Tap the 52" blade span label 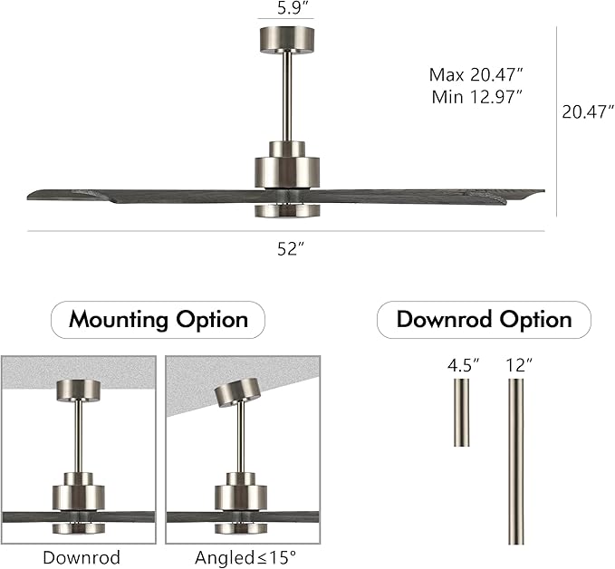[289, 249]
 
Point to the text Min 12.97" [477, 97]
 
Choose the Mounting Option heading [159, 320]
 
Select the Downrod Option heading [484, 320]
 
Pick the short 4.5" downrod [462, 412]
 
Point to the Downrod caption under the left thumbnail [82, 557]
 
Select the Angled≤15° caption [242, 557]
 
